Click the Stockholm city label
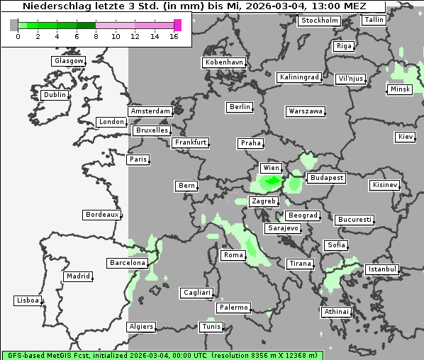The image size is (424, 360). coord(319,21)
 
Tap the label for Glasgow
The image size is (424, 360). coord(69,61)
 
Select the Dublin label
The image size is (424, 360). coord(55,95)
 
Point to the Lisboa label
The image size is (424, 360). coord(28,300)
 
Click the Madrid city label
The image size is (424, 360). coord(77,276)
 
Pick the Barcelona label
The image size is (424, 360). coord(128,263)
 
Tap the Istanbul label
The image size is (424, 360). coord(383,270)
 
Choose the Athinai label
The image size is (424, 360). coord(336,312)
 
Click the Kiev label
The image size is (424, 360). coord(406,137)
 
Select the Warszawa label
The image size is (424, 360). coord(306,111)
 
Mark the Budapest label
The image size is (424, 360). coord(326,178)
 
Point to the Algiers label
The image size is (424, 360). coord(140,327)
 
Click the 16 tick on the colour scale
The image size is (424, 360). coord(174,35)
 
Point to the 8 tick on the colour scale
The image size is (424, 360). coord(96,35)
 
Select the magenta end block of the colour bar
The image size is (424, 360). coord(177,25)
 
